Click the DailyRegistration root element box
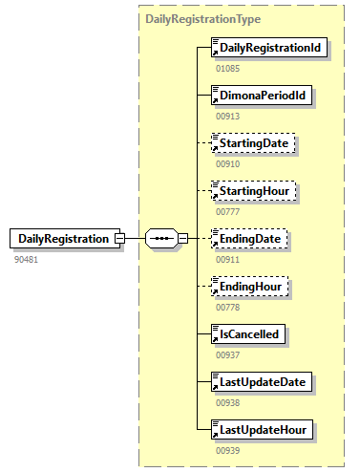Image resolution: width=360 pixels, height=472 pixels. tap(65, 238)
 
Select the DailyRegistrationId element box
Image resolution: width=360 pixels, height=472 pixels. tap(265, 48)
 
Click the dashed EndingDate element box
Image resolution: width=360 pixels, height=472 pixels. tap(251, 238)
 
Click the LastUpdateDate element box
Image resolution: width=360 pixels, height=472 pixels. tap(263, 381)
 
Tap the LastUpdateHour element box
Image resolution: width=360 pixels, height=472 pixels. tap(263, 429)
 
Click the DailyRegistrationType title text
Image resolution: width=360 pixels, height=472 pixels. tap(203, 19)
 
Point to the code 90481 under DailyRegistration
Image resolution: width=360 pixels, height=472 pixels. tap(26, 259)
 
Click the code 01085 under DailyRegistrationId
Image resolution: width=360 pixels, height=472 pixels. tap(228, 69)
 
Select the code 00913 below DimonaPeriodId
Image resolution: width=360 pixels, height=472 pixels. tap(228, 117)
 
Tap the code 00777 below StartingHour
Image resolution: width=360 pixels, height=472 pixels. tap(228, 211)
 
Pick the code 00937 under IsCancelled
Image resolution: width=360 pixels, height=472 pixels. tap(228, 354)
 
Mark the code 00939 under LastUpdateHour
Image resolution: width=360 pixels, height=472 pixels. tap(228, 450)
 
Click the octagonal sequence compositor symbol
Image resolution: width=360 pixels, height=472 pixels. tap(161, 238)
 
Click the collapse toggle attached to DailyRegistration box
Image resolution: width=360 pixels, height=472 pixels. tap(119, 238)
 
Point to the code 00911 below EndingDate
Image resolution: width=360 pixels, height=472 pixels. tap(228, 259)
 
